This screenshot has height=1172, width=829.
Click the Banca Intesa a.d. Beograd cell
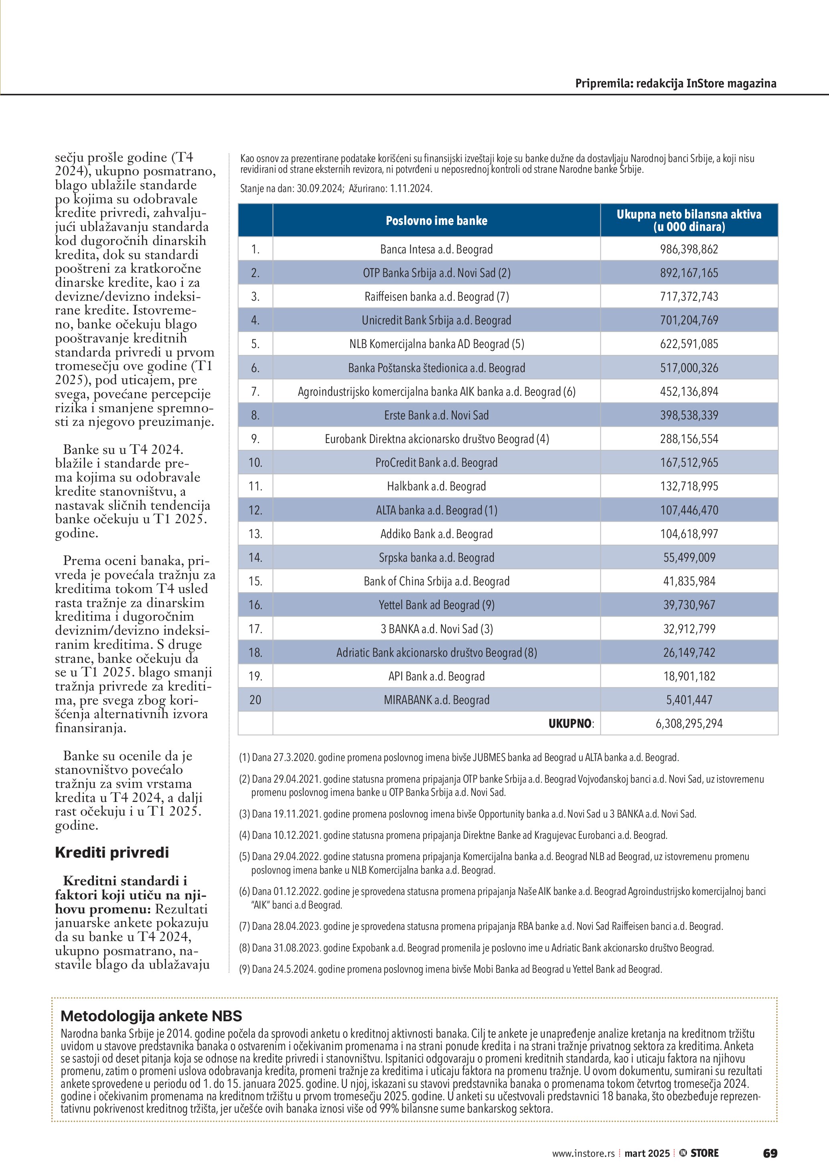(x=436, y=249)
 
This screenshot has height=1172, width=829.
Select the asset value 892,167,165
(x=689, y=273)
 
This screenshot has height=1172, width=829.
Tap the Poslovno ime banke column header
(x=436, y=221)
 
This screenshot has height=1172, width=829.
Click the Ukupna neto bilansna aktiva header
(x=689, y=221)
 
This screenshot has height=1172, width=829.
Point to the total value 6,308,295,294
(x=689, y=723)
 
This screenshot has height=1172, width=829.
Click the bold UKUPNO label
(x=570, y=723)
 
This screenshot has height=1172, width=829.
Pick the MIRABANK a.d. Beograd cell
(x=436, y=700)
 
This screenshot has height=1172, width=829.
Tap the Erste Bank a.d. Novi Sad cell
(x=436, y=415)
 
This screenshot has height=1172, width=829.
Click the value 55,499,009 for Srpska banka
(x=689, y=557)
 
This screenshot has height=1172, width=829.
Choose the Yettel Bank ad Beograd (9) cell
(x=436, y=605)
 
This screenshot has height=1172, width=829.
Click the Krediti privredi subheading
(x=112, y=852)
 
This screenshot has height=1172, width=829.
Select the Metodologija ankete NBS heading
(x=151, y=1016)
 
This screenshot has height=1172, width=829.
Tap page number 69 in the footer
(x=770, y=1153)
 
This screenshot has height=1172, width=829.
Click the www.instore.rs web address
(x=583, y=1154)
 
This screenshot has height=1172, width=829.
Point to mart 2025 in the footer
(x=647, y=1154)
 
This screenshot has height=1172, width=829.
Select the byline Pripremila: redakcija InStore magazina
(x=675, y=83)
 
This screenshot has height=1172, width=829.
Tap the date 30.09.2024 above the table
(x=320, y=188)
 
